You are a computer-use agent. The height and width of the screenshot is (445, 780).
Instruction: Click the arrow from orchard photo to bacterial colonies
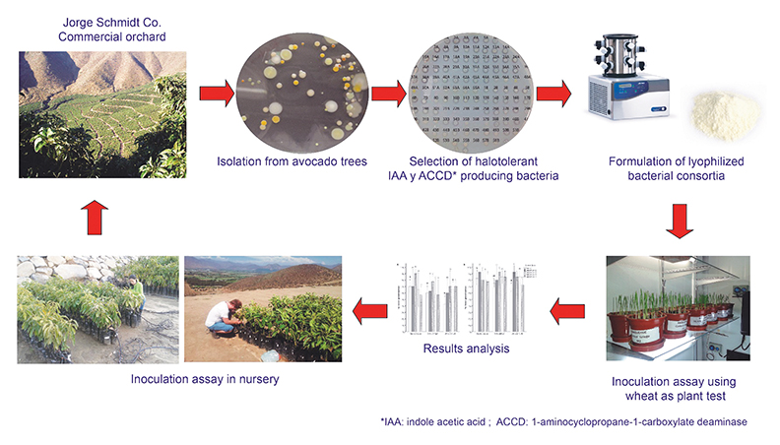click(217, 95)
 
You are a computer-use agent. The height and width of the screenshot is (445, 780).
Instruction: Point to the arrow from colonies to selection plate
click(390, 95)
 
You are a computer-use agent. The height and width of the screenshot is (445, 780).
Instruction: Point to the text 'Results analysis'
click(464, 349)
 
